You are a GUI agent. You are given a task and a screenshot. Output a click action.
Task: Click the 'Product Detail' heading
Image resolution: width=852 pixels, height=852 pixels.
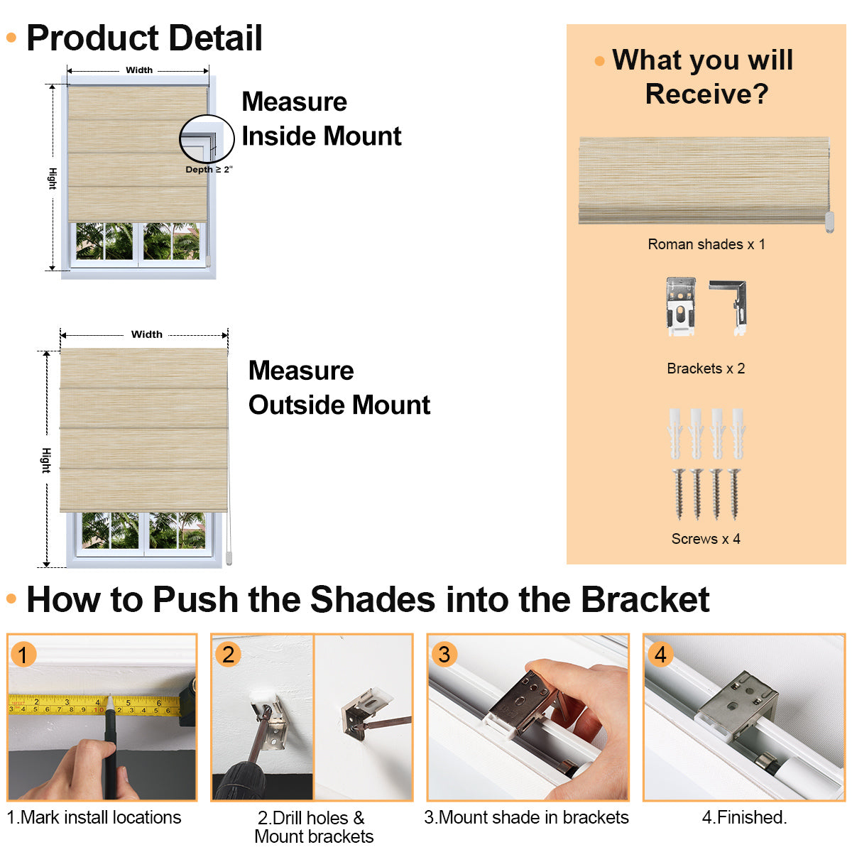pyautogui.click(x=144, y=38)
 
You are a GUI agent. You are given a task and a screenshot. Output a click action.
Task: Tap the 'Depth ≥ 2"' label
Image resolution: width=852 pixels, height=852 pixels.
pyautogui.click(x=209, y=170)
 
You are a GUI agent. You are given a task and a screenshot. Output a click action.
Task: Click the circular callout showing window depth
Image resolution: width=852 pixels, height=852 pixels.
pyautogui.click(x=207, y=139)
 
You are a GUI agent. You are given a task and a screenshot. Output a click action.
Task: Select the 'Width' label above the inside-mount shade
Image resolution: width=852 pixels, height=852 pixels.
pyautogui.click(x=139, y=70)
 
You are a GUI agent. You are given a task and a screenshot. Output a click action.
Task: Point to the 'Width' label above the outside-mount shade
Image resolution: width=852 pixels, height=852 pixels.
pyautogui.click(x=147, y=334)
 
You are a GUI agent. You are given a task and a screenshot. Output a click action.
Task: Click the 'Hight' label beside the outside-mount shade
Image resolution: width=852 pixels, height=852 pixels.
pyautogui.click(x=46, y=460)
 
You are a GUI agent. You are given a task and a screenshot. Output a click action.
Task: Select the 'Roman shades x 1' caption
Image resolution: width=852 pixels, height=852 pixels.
pyautogui.click(x=706, y=244)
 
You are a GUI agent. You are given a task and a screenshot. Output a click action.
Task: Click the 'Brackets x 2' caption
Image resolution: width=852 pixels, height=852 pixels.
pyautogui.click(x=706, y=368)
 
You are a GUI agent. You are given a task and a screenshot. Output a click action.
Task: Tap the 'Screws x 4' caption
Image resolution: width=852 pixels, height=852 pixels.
pyautogui.click(x=706, y=539)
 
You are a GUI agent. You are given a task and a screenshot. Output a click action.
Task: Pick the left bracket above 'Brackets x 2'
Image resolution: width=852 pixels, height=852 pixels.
pyautogui.click(x=680, y=306)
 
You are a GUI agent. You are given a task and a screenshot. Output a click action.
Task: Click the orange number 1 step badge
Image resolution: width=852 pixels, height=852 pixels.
pyautogui.click(x=23, y=655)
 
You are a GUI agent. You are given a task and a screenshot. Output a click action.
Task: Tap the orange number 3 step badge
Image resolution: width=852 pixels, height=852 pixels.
pyautogui.click(x=444, y=654)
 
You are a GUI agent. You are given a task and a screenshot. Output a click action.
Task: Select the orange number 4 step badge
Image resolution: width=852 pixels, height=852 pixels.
pyautogui.click(x=660, y=654)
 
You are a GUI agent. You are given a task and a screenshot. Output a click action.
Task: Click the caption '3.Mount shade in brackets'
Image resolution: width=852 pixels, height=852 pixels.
pyautogui.click(x=526, y=818)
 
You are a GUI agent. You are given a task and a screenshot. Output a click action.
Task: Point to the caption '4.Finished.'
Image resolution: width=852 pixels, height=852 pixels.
pyautogui.click(x=744, y=818)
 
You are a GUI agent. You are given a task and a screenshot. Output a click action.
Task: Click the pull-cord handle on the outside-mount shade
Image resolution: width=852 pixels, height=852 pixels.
pyautogui.click(x=229, y=559)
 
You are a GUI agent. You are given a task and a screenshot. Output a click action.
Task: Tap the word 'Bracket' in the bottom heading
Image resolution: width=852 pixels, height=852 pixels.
pyautogui.click(x=645, y=600)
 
